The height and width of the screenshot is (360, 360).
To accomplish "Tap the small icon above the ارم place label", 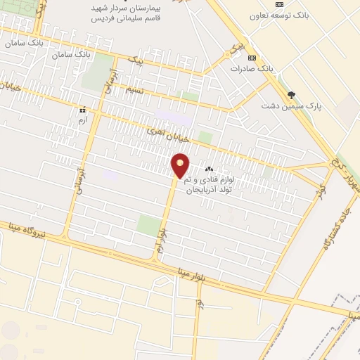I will coord(83,110).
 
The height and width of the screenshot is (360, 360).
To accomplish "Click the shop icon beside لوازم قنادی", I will coord(208,169).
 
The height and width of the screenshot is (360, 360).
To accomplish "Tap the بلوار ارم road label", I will coord(162,239).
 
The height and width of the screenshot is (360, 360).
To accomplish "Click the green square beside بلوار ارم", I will coord(148,225).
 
